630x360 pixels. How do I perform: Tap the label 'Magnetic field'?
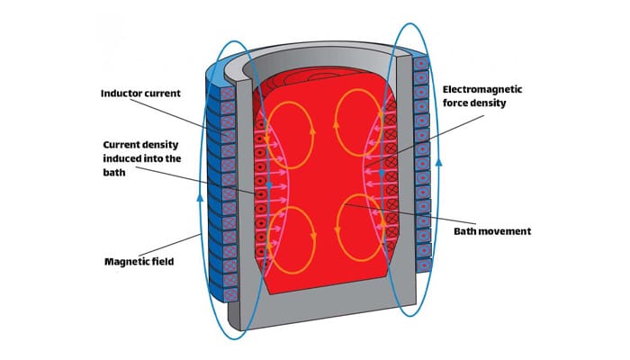137,263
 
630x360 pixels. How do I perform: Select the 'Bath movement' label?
491,231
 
